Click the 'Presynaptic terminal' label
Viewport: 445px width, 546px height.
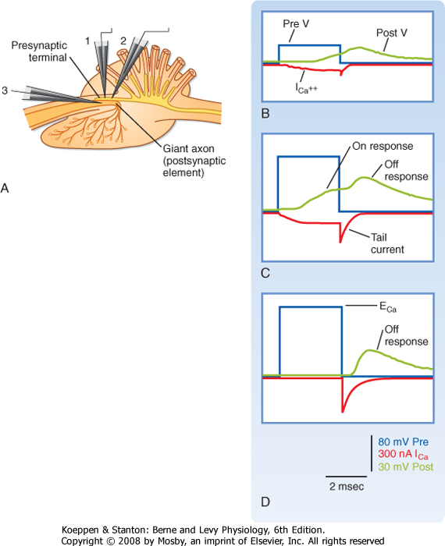(39, 51)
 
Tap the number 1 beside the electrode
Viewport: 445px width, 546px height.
(87, 41)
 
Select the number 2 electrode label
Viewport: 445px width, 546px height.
(123, 41)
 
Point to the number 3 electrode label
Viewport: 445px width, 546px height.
(5, 90)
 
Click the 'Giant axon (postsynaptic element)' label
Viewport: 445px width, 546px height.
(194, 161)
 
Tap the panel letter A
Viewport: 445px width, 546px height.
(5, 188)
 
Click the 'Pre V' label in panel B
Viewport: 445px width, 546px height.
(296, 23)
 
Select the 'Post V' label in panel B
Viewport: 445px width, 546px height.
(392, 33)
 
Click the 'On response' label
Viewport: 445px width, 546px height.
(383, 146)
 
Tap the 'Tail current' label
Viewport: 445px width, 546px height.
(387, 243)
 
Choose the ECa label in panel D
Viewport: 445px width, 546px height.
(388, 307)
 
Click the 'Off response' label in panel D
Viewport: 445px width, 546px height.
(406, 335)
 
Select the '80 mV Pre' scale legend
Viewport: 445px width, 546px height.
(403, 442)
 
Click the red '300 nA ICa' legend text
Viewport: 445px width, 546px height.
(403, 454)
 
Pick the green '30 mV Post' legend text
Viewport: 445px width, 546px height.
(406, 466)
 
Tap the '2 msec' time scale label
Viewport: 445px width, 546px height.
(347, 487)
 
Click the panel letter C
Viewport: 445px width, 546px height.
(265, 273)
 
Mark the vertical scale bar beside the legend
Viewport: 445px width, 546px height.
(372, 453)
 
